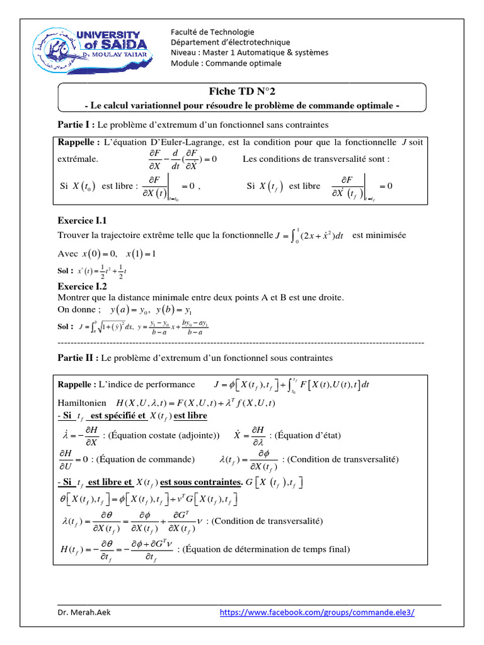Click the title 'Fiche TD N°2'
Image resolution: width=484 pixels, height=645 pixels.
[x=242, y=92]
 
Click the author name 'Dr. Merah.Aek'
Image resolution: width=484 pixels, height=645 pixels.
[x=84, y=613]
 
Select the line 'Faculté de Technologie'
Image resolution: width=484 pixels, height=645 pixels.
[x=212, y=31]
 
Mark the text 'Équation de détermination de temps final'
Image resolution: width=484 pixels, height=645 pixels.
[x=263, y=549]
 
